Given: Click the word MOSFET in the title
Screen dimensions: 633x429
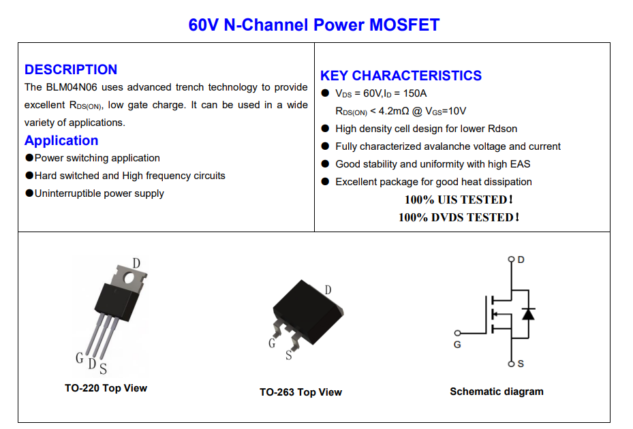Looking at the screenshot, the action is [404, 25].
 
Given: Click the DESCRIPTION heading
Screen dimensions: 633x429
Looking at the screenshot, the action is [71, 69].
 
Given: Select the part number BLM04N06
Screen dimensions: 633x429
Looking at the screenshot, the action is [72, 87].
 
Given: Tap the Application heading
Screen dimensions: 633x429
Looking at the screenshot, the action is [61, 140].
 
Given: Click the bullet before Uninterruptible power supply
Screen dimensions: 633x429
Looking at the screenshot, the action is [29, 193].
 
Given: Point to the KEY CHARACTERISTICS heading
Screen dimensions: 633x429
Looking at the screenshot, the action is [401, 76].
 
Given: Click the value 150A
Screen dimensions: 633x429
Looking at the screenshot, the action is [414, 93].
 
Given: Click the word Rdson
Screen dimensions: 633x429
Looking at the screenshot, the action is [502, 129].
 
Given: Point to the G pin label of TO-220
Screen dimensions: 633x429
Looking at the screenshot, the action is [80, 357].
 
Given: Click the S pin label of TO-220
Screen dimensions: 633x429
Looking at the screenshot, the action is [104, 369].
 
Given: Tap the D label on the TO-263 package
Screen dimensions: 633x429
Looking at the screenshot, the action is [328, 290].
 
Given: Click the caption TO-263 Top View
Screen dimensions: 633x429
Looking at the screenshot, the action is [300, 392].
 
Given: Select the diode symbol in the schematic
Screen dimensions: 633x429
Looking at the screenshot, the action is [529, 314].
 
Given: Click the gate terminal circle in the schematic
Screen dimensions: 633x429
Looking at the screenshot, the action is [457, 333].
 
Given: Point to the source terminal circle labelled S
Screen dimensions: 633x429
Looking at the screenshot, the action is [512, 364].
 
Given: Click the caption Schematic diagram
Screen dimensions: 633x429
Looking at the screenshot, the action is [497, 392].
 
